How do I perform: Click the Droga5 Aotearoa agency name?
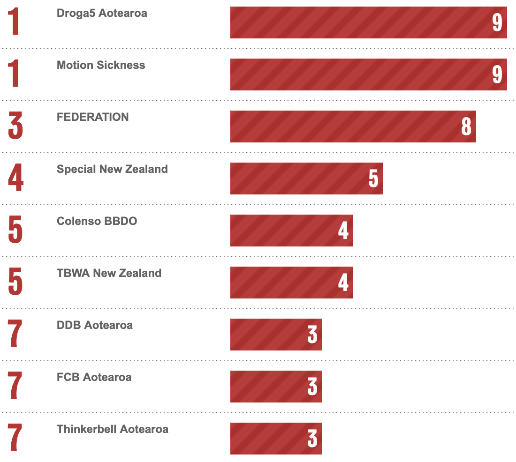click(x=102, y=13)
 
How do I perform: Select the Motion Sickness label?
click(x=101, y=65)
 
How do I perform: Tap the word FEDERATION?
click(x=92, y=117)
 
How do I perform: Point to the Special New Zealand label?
click(x=112, y=169)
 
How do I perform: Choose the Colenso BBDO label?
click(x=97, y=221)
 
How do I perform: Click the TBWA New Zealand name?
click(x=109, y=273)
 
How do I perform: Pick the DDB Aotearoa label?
click(x=94, y=325)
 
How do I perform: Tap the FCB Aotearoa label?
click(x=94, y=377)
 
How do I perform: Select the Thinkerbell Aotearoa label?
click(x=112, y=429)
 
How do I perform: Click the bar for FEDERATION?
click(x=353, y=127)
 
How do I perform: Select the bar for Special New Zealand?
click(x=306, y=179)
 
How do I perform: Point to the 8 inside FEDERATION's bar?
click(x=466, y=127)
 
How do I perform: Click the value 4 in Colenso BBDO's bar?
click(x=343, y=231)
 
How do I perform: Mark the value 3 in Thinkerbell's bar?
click(x=312, y=439)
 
